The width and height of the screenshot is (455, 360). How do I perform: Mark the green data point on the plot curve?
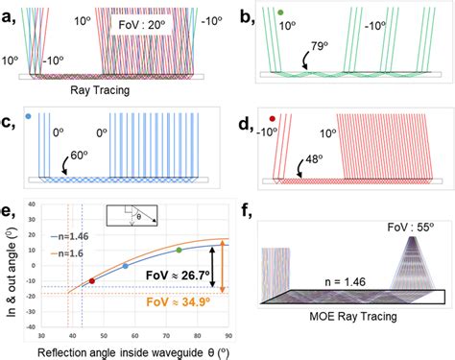point(179,251)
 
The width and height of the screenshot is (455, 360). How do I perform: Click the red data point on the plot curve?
point(92,281)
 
